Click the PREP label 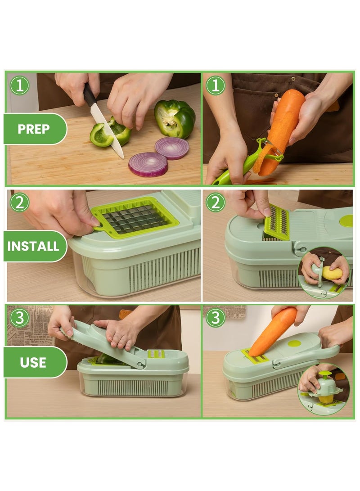(x=34, y=129)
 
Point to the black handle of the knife (x=90, y=95)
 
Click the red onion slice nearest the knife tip (x=148, y=164)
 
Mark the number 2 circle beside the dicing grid (x=19, y=202)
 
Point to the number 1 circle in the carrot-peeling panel (x=216, y=86)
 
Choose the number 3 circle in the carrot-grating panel (x=216, y=318)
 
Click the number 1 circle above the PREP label (x=19, y=86)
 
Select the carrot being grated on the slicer (x=274, y=330)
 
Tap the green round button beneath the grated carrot (x=295, y=343)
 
